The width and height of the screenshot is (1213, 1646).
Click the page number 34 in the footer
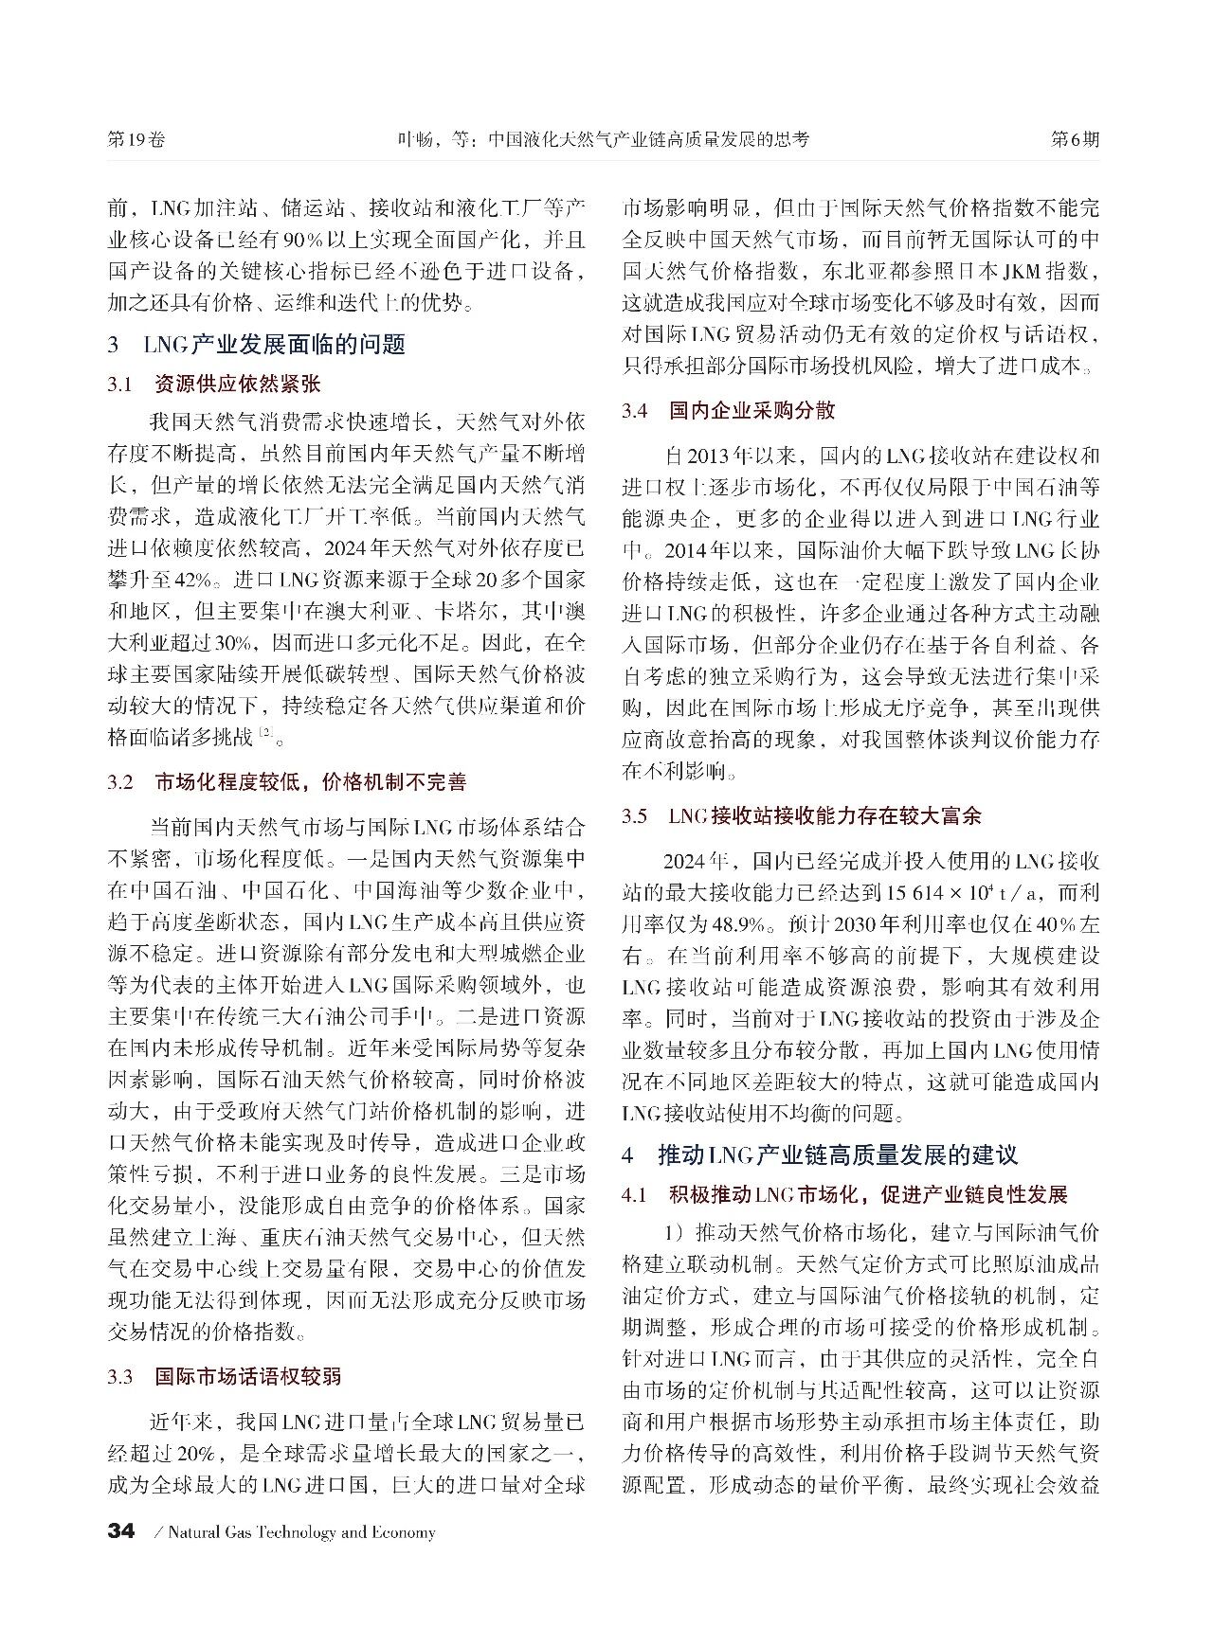(121, 1531)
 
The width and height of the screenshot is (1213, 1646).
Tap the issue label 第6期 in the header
(1075, 139)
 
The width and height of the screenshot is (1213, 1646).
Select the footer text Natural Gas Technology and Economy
(301, 1532)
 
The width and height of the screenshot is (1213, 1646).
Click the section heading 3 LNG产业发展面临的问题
(257, 344)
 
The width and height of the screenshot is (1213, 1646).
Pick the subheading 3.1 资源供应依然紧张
(215, 385)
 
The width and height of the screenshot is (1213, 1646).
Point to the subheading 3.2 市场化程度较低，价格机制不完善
(287, 782)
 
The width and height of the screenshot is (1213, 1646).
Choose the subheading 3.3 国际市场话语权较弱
(225, 1377)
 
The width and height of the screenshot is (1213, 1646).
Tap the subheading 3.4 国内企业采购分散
(729, 411)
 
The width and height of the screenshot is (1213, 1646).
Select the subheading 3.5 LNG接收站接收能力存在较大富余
(802, 816)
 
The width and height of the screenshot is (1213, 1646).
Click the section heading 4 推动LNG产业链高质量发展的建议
(820, 1155)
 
